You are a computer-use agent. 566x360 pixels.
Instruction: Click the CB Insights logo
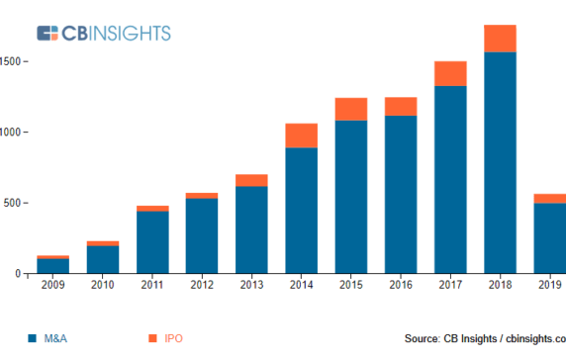pyautogui.click(x=103, y=33)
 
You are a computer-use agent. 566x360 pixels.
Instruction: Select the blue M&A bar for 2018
pyautogui.click(x=500, y=162)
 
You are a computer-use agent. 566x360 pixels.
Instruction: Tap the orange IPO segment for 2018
pyautogui.click(x=500, y=39)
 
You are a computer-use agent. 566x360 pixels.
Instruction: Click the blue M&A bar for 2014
pyautogui.click(x=302, y=210)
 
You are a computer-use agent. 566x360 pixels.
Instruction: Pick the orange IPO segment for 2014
pyautogui.click(x=302, y=135)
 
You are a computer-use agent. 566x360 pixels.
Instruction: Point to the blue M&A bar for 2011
pyautogui.click(x=152, y=241)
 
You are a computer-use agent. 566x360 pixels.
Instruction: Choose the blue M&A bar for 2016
pyautogui.click(x=401, y=194)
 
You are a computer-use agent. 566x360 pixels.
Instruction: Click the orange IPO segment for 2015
pyautogui.click(x=351, y=109)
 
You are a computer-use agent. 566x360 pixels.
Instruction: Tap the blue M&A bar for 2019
pyautogui.click(x=549, y=237)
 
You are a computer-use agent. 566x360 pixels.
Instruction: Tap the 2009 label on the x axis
pyautogui.click(x=53, y=286)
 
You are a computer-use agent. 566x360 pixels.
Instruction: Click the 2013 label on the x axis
pyautogui.click(x=251, y=286)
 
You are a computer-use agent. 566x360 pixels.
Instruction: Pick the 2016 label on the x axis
pyautogui.click(x=401, y=286)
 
